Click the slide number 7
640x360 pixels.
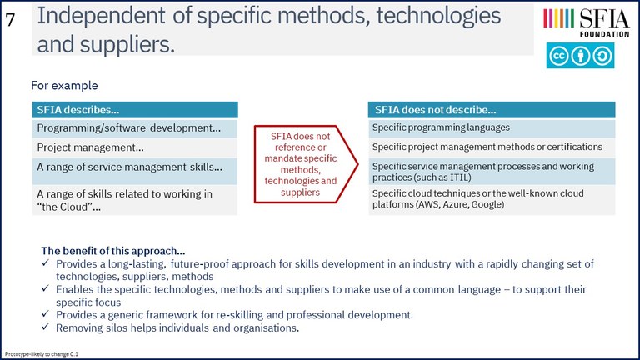10,19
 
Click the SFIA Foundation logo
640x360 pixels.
586,22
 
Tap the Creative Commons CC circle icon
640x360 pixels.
558,56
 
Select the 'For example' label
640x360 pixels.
64,86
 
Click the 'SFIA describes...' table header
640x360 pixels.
135,110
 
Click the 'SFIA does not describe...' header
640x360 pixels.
492,110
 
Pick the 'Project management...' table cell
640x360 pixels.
135,147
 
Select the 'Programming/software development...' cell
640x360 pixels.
135,128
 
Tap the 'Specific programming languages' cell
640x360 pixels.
492,127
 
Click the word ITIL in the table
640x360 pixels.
459,177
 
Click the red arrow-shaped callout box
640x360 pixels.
306,164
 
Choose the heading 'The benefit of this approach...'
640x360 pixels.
113,251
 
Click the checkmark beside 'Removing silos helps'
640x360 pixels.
45,327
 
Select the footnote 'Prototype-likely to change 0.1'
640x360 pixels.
42,354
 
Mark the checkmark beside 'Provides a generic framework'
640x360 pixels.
45,314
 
